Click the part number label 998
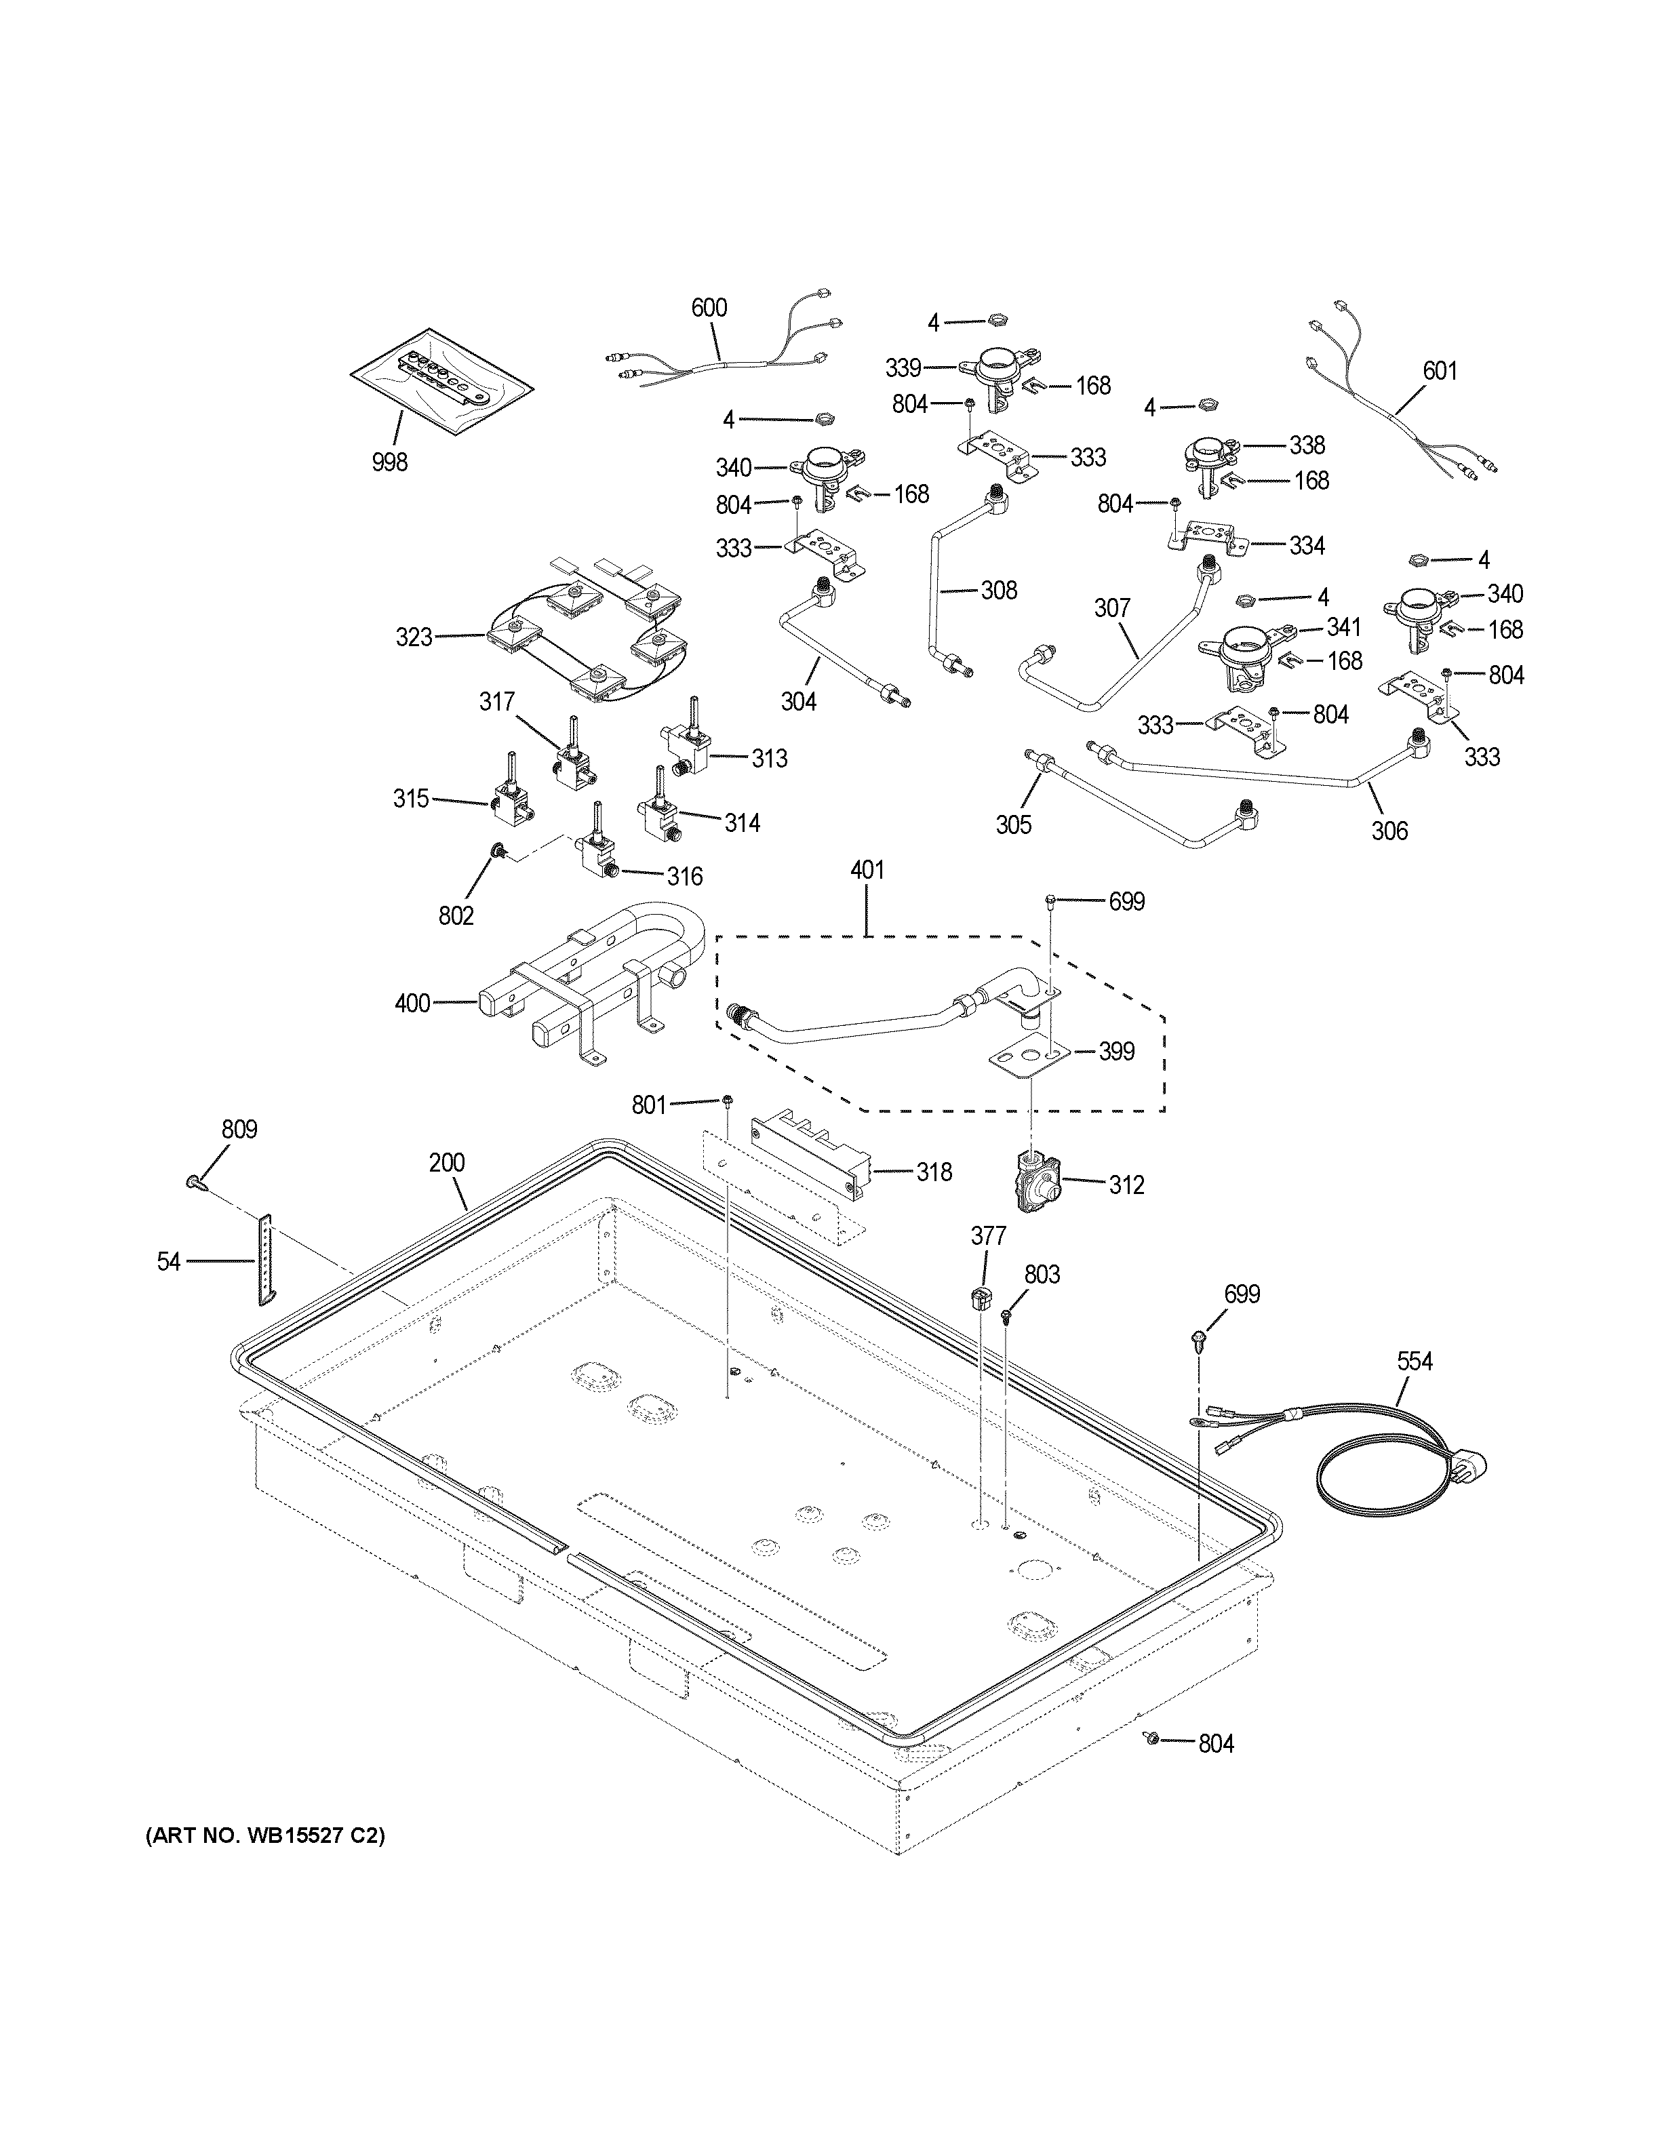coord(389,461)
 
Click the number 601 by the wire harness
coord(1440,371)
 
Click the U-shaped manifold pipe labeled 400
coord(590,984)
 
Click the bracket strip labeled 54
coord(266,1261)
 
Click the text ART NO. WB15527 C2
coord(266,1835)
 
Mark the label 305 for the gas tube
coord(1013,824)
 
